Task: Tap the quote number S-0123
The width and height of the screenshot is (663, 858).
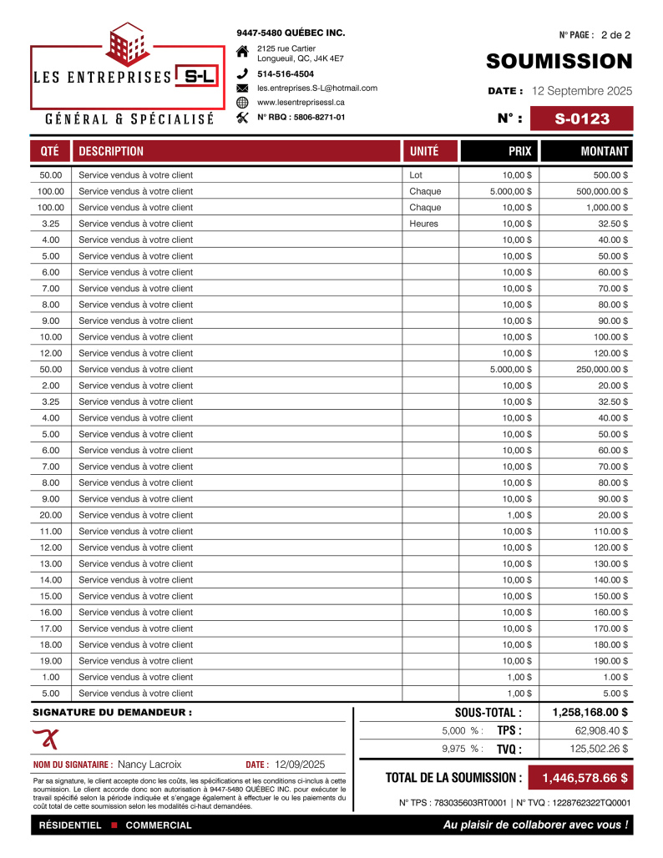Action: click(x=582, y=119)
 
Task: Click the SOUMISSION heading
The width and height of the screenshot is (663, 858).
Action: click(x=559, y=61)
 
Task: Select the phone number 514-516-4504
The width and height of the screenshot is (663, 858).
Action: click(x=286, y=73)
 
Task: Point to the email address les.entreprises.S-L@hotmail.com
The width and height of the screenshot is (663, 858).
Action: click(x=317, y=88)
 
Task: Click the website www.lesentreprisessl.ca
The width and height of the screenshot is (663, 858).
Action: click(x=301, y=102)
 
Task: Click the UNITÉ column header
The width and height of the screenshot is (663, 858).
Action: click(x=424, y=151)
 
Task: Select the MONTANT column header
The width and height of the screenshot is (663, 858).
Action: click(x=605, y=151)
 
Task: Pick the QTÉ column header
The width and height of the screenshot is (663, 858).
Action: click(x=49, y=151)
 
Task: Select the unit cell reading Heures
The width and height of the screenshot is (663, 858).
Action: click(x=424, y=224)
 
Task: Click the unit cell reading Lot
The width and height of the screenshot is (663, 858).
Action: click(x=417, y=175)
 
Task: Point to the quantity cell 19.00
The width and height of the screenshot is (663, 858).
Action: click(x=51, y=660)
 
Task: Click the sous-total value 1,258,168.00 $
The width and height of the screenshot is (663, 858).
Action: click(x=590, y=713)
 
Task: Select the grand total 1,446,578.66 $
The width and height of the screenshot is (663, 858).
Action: click(x=585, y=778)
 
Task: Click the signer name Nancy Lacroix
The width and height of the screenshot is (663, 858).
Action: click(x=149, y=764)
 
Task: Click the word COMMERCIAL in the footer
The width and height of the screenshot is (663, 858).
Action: click(x=159, y=825)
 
